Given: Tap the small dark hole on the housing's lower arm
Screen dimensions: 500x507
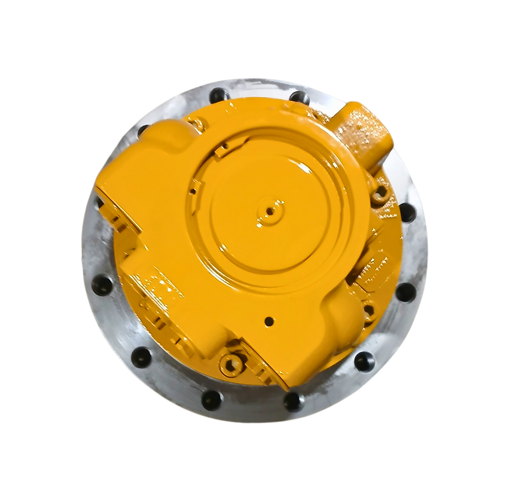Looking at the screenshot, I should point(270,321).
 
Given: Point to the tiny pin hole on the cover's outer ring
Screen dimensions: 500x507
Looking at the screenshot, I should point(193,191).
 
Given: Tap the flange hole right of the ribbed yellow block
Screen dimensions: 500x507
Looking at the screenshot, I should point(405,291).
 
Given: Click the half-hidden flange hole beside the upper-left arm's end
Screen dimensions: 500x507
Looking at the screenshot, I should point(99,204).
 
